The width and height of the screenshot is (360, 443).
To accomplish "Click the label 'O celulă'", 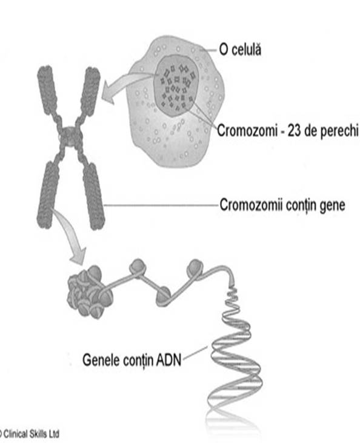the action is pyautogui.click(x=240, y=50).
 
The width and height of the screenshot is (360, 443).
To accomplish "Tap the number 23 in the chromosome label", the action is pyautogui.click(x=294, y=131).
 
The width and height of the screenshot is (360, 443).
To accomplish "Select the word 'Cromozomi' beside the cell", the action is pyautogui.click(x=247, y=131).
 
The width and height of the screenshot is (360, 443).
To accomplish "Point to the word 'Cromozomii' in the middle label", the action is pyautogui.click(x=251, y=205).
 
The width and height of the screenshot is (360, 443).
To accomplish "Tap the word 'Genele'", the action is pyautogui.click(x=101, y=360).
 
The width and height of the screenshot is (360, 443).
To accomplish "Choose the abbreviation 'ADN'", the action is pyautogui.click(x=168, y=360).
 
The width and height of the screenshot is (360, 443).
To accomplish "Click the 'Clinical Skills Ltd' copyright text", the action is pyautogui.click(x=29, y=434).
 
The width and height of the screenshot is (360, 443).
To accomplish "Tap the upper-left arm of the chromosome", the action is pyautogui.click(x=47, y=88).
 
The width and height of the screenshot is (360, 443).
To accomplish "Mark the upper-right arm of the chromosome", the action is pyautogui.click(x=90, y=91).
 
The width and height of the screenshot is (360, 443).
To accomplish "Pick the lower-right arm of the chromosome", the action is pyautogui.click(x=94, y=196).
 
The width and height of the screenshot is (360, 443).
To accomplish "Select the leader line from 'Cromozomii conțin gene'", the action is pyautogui.click(x=161, y=205).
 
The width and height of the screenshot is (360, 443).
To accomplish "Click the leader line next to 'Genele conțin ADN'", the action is pyautogui.click(x=195, y=353).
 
